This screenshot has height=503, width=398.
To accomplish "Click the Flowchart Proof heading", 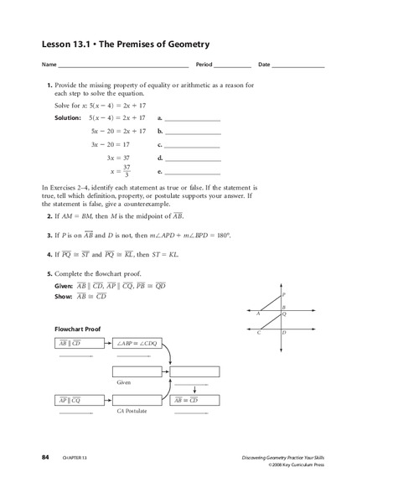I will pyautogui.click(x=78, y=329).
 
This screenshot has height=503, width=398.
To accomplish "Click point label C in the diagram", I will pyautogui.click(x=259, y=334).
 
